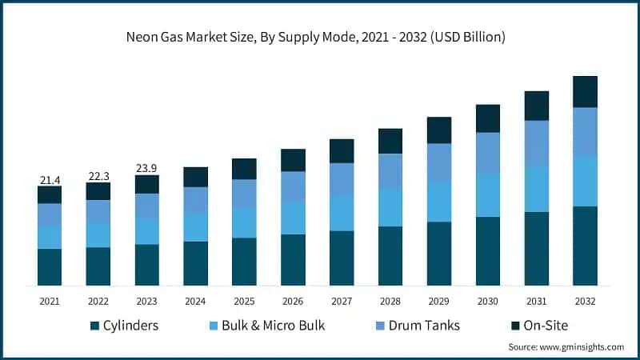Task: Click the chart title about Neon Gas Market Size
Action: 320,38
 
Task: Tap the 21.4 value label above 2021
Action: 50,180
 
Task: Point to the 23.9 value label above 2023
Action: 147,169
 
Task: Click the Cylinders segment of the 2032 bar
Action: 586,246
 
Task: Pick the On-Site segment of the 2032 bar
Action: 586,92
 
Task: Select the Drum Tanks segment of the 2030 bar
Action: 488,153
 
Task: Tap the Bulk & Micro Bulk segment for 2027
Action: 342,214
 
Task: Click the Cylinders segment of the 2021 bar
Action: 50,267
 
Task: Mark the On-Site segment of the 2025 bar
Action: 244,169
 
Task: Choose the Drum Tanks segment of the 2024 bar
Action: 195,200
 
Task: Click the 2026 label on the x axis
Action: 293,302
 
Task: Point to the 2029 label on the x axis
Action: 439,302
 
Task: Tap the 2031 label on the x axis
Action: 537,302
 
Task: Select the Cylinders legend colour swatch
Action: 95,326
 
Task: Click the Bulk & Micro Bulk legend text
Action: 271,326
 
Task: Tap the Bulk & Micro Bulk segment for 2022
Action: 98,235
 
